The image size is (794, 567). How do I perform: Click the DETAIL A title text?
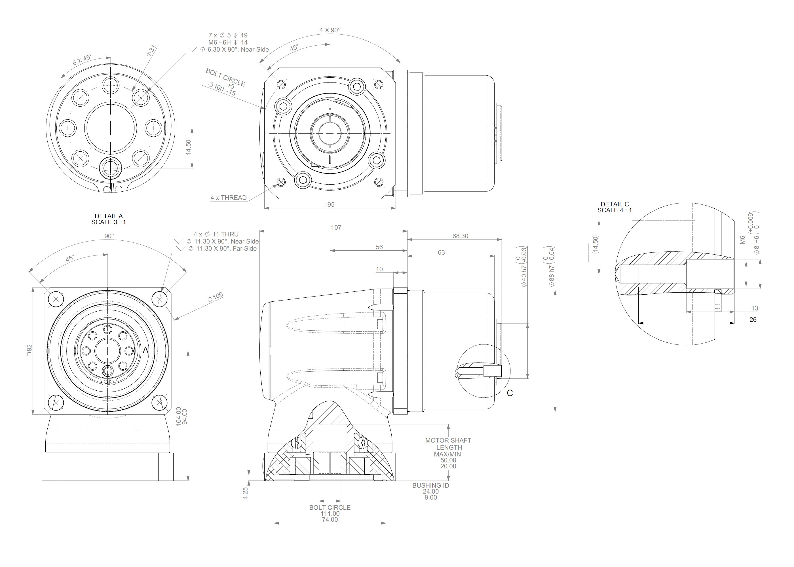pos(109,216)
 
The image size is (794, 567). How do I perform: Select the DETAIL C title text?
pos(614,204)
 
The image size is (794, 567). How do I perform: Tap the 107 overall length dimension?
pos(336,228)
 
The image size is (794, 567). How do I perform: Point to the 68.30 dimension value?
pos(460,236)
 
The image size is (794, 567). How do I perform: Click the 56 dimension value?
pos(379,247)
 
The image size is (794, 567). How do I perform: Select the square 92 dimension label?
pos(29,350)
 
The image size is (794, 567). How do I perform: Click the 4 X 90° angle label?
pos(330,30)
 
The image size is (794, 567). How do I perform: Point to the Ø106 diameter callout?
pos(215,297)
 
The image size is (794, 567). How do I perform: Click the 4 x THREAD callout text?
pos(228,198)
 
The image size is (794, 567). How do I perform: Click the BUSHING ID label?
pos(430,485)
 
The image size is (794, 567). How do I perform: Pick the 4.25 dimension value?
pos(246,493)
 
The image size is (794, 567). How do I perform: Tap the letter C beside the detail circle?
pos(510,393)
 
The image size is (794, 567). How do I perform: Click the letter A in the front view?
pos(145,350)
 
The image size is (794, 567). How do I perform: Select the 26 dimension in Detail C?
pos(753,320)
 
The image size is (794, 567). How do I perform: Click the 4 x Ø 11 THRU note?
pos(216,234)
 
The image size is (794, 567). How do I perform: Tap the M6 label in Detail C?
pos(743,240)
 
